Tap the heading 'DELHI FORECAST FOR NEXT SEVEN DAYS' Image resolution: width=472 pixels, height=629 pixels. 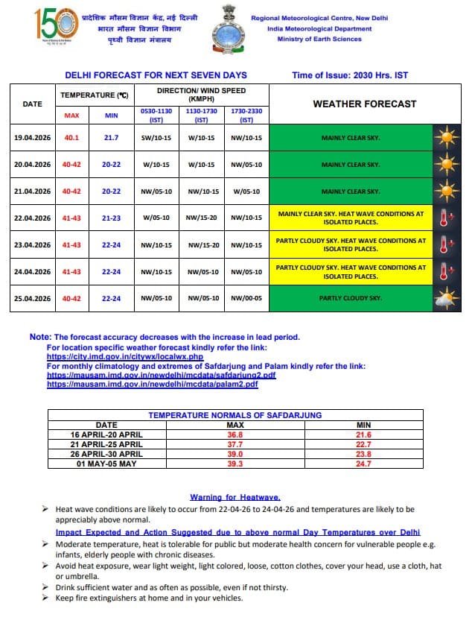156,75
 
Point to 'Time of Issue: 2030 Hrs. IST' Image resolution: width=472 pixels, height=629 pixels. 350,75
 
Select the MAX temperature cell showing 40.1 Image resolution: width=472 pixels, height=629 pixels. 71,138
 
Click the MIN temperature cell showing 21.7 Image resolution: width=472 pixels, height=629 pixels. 112,138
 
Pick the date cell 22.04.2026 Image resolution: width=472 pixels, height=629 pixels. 33,218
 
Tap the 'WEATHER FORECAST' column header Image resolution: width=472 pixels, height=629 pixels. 364,104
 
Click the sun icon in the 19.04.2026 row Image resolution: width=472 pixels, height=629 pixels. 446,138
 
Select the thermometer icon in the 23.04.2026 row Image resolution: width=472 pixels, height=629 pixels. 446,245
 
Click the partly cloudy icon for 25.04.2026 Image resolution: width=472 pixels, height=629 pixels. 446,299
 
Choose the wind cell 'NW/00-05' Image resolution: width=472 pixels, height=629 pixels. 246,299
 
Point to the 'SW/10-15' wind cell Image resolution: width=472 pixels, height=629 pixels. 156,138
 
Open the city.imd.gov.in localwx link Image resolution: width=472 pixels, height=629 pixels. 125,357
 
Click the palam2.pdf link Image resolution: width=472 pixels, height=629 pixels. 153,385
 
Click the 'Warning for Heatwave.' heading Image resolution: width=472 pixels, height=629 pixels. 235,497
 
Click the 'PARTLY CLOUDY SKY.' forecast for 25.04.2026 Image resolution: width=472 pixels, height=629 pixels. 351,299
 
